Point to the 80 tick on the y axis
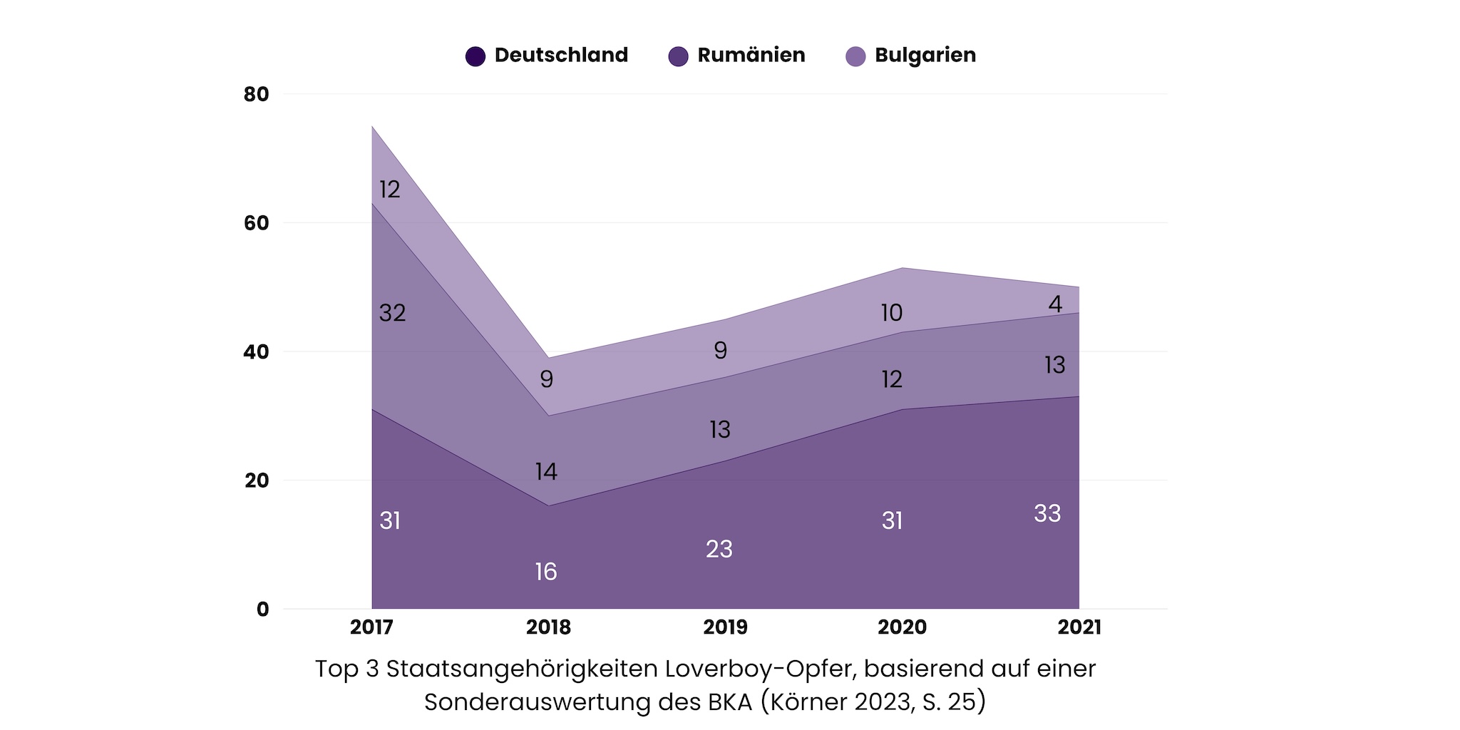click(257, 95)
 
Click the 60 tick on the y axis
click(257, 223)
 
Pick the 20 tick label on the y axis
click(257, 480)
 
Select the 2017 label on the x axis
click(371, 627)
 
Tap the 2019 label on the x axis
click(725, 627)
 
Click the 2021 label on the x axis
click(1079, 627)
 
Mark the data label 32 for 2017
click(392, 313)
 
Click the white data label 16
click(546, 572)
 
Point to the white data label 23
click(719, 549)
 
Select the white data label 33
click(1047, 513)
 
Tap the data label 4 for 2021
click(1055, 304)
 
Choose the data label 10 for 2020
click(892, 313)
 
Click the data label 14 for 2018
click(546, 471)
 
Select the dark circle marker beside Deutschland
click(475, 56)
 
